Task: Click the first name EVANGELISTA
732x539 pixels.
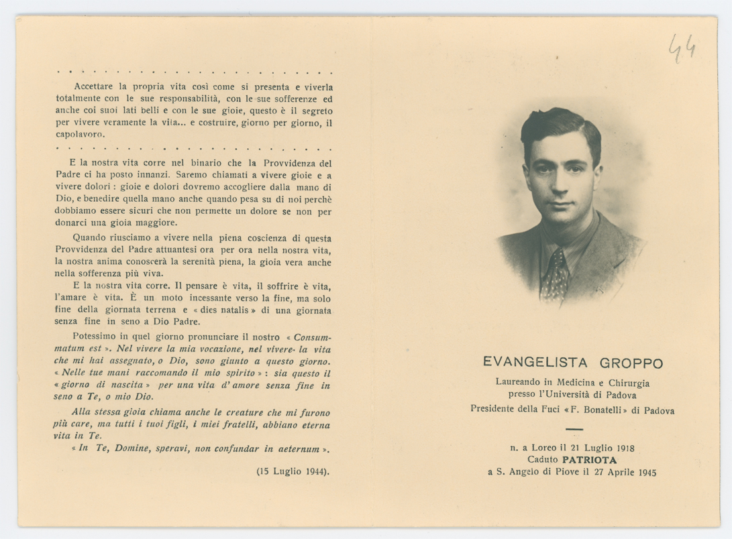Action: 535,363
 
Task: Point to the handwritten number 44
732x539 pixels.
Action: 682,48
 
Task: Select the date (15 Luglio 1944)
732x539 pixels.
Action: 293,471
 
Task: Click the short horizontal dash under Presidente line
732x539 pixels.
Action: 574,428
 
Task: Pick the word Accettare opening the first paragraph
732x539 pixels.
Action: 95,86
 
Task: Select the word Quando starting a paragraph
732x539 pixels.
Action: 90,238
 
